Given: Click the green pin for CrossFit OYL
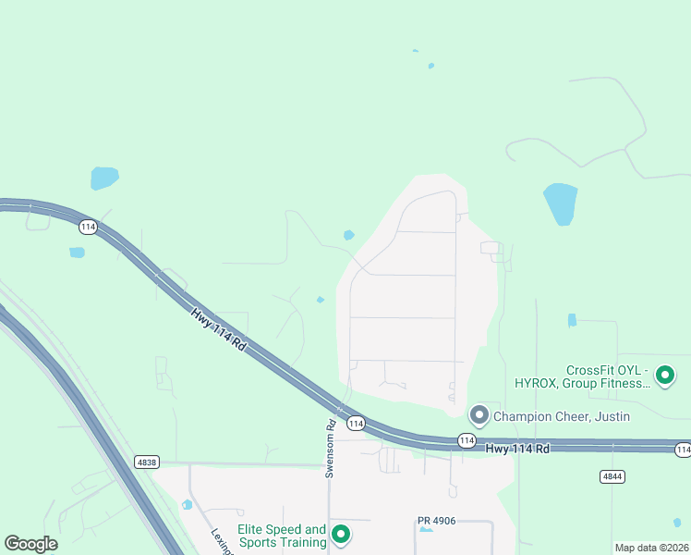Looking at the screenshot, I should (x=664, y=376).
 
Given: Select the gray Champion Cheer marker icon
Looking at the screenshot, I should (x=479, y=415).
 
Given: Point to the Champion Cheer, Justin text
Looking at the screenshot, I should (x=562, y=416).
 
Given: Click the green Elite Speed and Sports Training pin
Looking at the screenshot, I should (x=341, y=535).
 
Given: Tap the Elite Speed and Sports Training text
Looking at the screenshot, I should (x=282, y=536).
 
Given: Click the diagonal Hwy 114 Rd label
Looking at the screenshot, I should (x=219, y=329).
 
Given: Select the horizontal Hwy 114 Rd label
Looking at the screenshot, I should (x=518, y=449).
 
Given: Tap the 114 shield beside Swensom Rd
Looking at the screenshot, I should (x=356, y=424).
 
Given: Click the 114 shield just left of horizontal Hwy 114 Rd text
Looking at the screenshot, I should (x=467, y=441).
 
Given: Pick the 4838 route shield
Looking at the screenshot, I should (x=146, y=462).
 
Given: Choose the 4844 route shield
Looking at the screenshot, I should (x=611, y=476).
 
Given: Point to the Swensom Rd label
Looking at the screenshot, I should (x=330, y=450).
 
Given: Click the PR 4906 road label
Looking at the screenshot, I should (x=437, y=521).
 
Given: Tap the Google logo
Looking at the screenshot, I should (x=30, y=544).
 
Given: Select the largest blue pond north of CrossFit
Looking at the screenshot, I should (x=560, y=203).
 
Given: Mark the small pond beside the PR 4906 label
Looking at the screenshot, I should (x=425, y=530).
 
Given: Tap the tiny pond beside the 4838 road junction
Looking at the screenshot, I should (x=188, y=504).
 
